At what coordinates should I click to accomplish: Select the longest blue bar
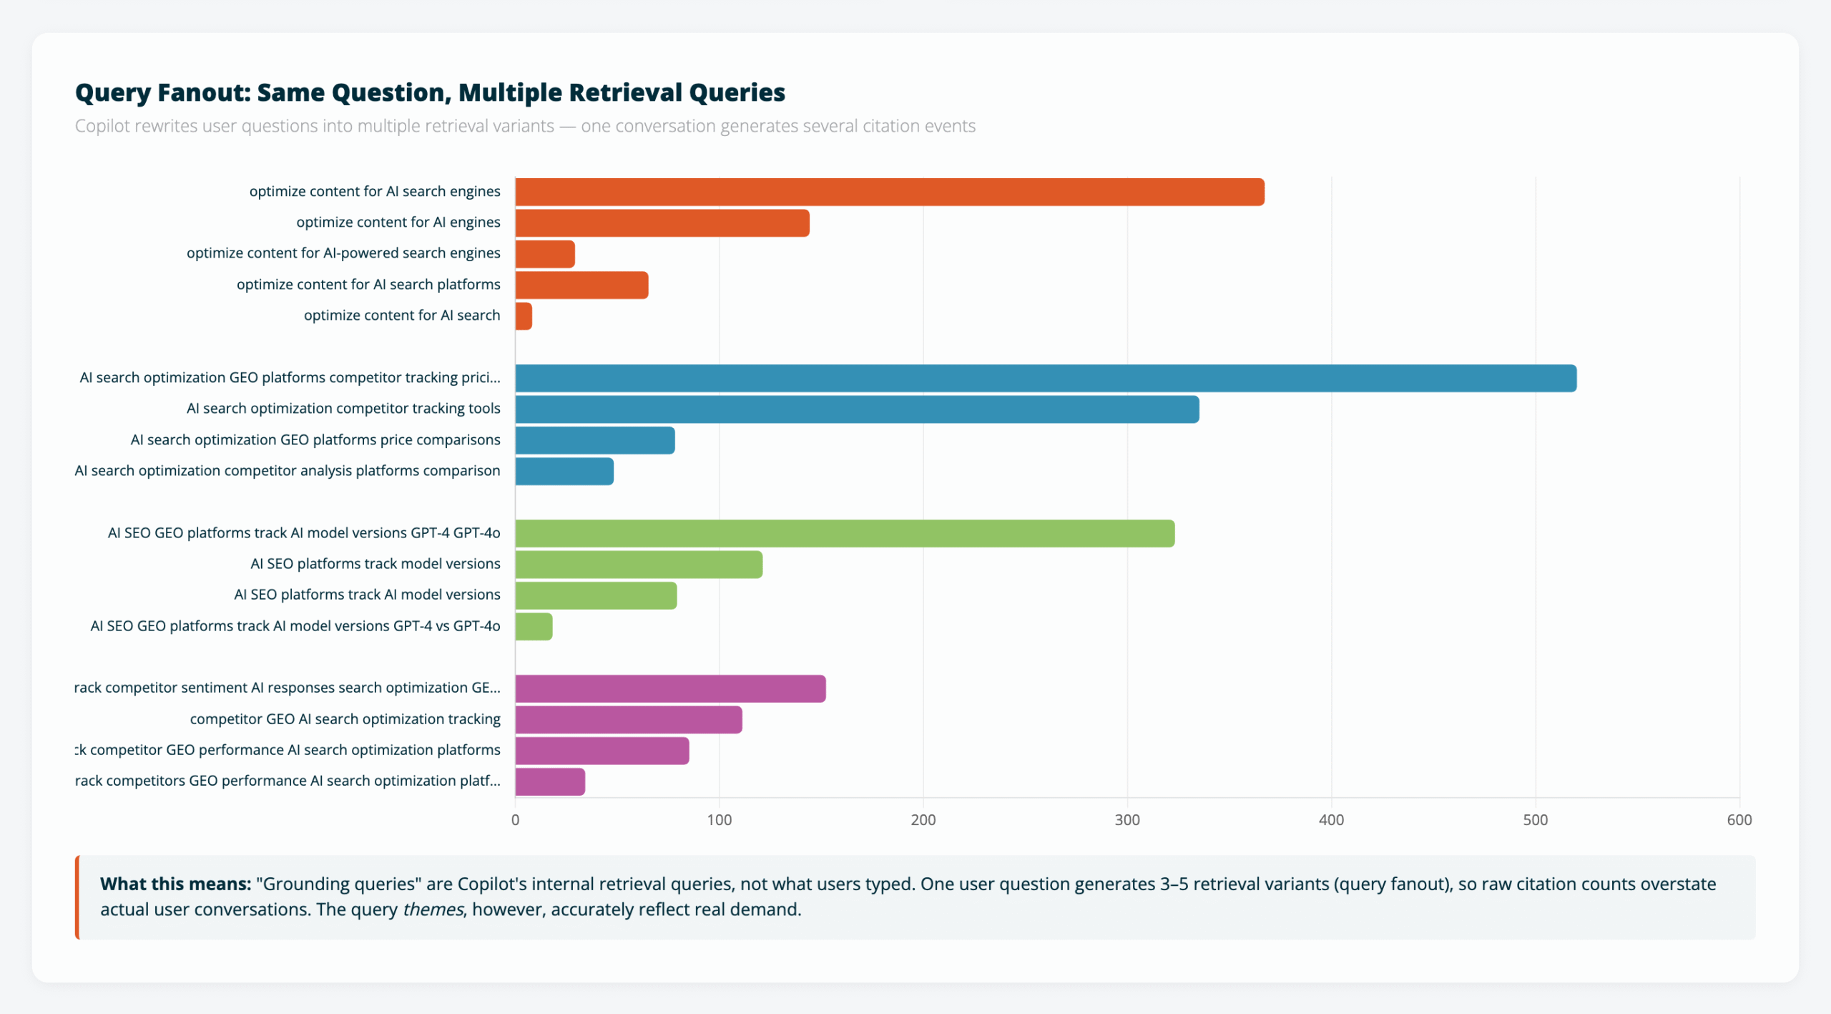coord(1044,379)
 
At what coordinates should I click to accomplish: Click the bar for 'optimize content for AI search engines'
coord(889,192)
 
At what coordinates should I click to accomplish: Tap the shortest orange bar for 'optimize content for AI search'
coord(524,316)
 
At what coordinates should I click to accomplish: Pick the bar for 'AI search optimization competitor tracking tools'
coord(856,409)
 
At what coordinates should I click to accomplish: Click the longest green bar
coord(844,534)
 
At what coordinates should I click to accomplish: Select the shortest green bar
coord(534,627)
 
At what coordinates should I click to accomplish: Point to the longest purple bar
coord(670,688)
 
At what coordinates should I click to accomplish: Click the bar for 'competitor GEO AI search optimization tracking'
coord(628,720)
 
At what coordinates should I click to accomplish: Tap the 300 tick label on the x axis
coord(1127,820)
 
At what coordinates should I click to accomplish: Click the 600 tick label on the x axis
coord(1739,820)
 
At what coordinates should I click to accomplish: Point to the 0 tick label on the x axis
coord(515,820)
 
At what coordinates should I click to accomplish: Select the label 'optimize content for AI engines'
coord(398,223)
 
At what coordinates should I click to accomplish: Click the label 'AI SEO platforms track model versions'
coord(375,564)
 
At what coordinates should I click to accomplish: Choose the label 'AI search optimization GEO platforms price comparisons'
coord(315,440)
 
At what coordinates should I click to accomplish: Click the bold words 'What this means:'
coord(175,884)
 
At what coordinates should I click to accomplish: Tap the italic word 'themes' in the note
coord(433,910)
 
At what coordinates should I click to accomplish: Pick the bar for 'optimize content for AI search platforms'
coord(581,286)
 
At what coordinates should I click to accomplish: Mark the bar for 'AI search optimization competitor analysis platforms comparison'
coord(564,472)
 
